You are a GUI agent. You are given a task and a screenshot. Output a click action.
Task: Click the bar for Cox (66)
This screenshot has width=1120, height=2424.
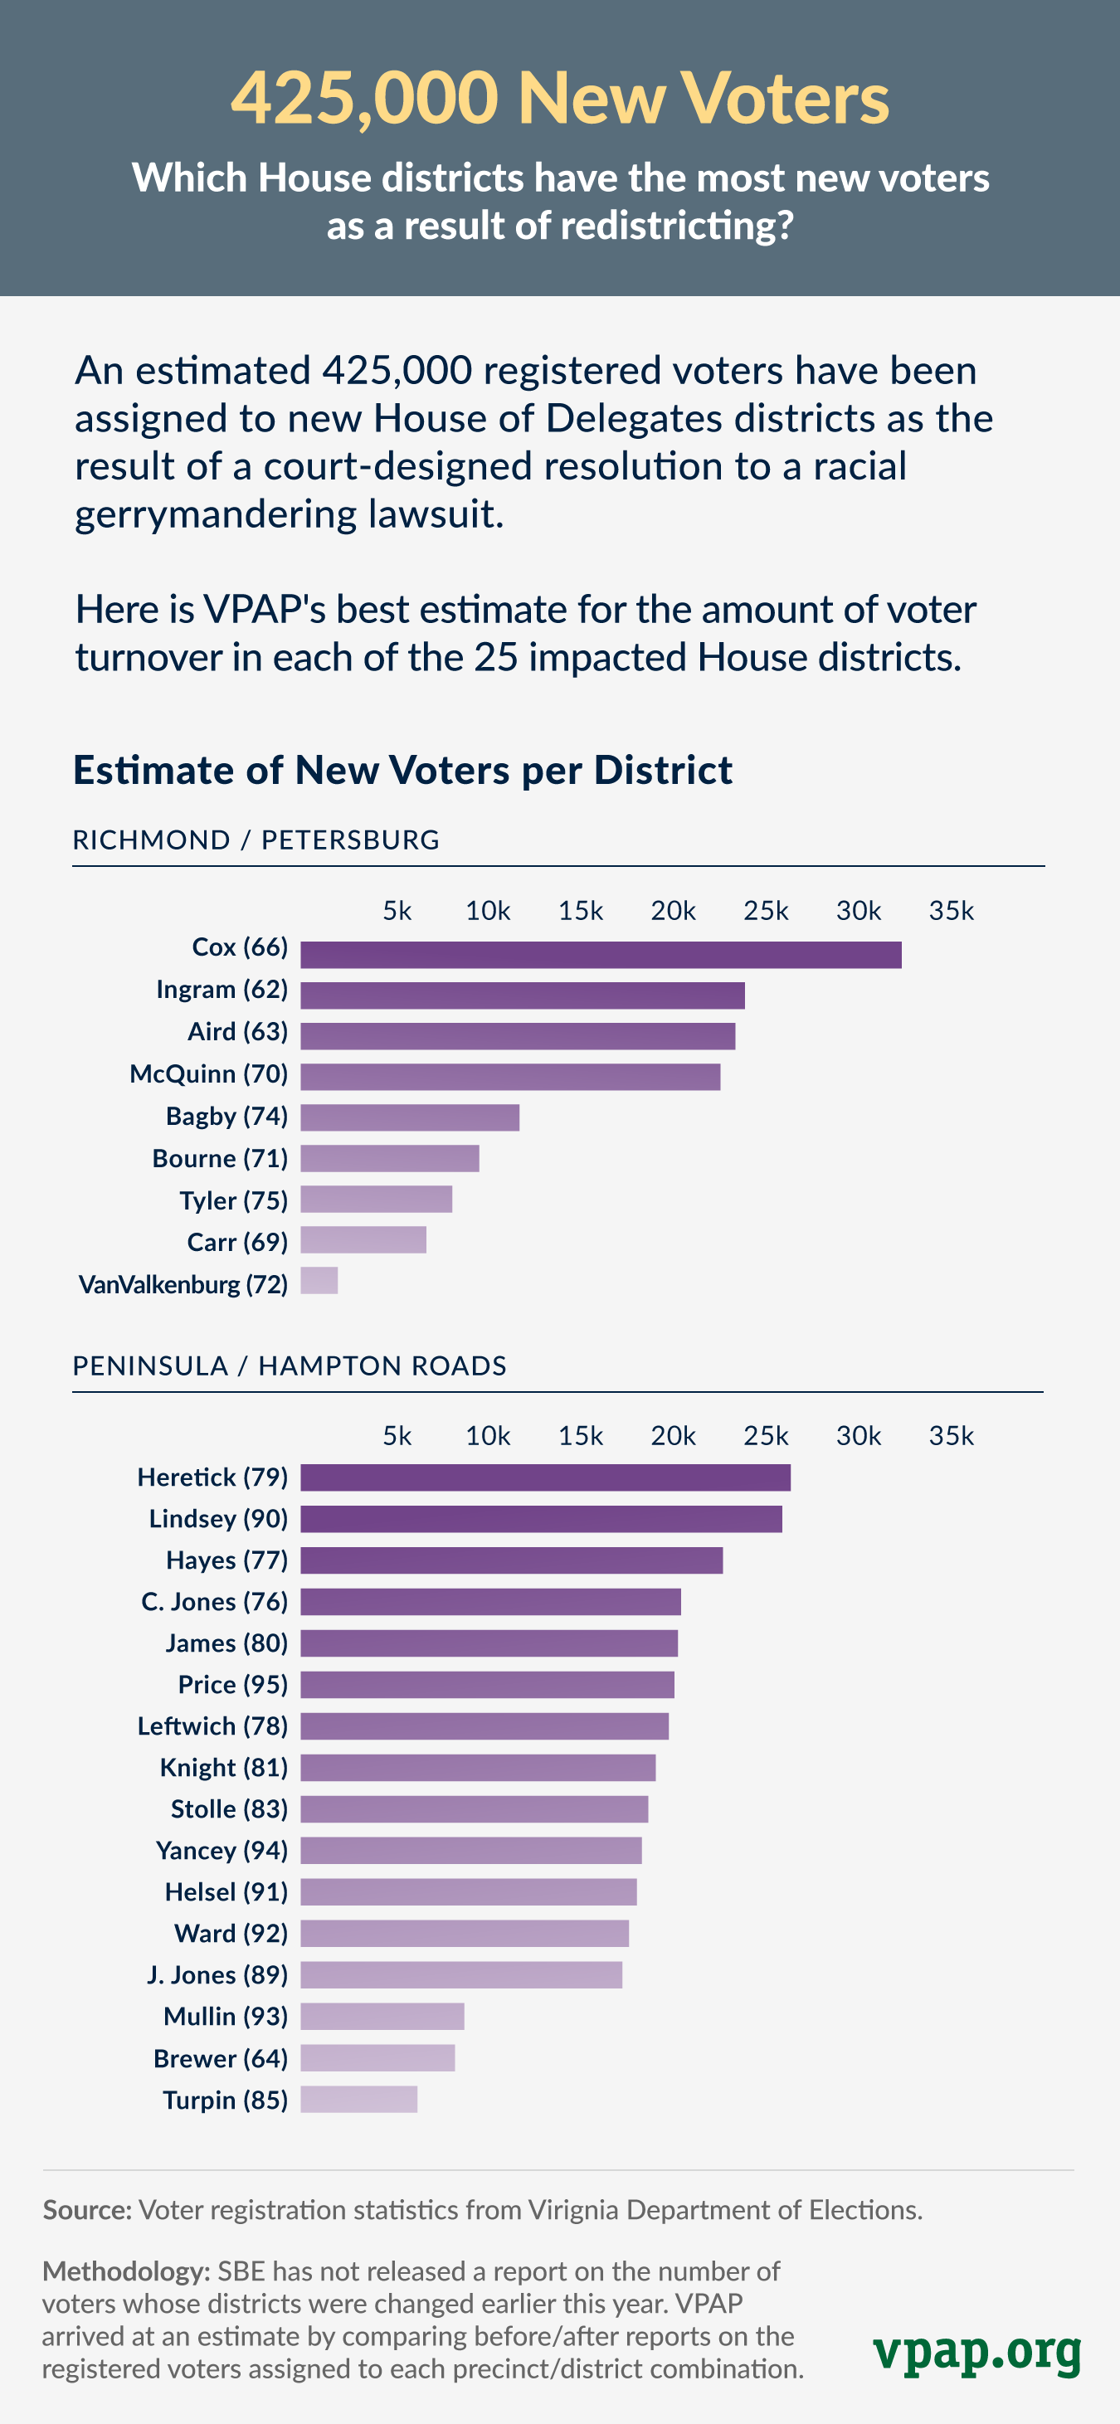point(601,954)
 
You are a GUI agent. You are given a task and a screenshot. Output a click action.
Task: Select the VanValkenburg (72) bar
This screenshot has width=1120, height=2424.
point(319,1281)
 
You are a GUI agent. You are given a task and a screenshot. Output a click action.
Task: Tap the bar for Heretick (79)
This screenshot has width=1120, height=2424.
point(545,1477)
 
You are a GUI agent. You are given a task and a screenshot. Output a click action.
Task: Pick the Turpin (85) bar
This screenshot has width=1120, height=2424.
point(358,2100)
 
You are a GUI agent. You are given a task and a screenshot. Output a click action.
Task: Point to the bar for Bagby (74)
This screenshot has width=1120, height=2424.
point(409,1117)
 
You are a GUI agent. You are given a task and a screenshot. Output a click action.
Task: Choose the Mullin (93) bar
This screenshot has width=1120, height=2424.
point(382,2016)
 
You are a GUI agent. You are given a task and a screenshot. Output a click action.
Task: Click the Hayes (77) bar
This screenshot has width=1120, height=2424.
point(511,1560)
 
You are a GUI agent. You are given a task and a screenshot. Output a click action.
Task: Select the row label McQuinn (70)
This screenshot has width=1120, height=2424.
point(209,1073)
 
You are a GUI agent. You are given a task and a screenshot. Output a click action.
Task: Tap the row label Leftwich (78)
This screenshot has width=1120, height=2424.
point(212,1726)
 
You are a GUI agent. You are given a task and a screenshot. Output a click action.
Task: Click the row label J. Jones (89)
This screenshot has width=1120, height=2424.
point(217,1974)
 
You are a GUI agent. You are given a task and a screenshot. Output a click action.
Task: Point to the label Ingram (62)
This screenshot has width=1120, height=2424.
point(222,989)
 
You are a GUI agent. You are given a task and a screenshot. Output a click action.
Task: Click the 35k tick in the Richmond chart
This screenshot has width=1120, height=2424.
point(951,911)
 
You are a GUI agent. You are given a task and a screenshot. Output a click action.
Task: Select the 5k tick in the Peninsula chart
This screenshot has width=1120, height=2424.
point(397,1436)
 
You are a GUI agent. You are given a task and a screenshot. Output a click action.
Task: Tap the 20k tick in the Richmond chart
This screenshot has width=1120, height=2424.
point(673,911)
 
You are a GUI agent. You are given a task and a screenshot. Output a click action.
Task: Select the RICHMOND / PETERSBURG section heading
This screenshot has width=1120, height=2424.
point(256,840)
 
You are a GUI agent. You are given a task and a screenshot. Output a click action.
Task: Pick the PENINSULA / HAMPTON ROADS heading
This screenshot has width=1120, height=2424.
point(290,1365)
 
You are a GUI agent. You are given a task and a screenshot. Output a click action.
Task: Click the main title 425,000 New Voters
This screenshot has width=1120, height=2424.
point(560,97)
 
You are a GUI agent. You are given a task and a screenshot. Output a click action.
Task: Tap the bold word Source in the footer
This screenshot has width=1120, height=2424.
point(86,2209)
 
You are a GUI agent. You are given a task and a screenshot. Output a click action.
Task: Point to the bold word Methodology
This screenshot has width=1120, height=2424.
point(126,2271)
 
